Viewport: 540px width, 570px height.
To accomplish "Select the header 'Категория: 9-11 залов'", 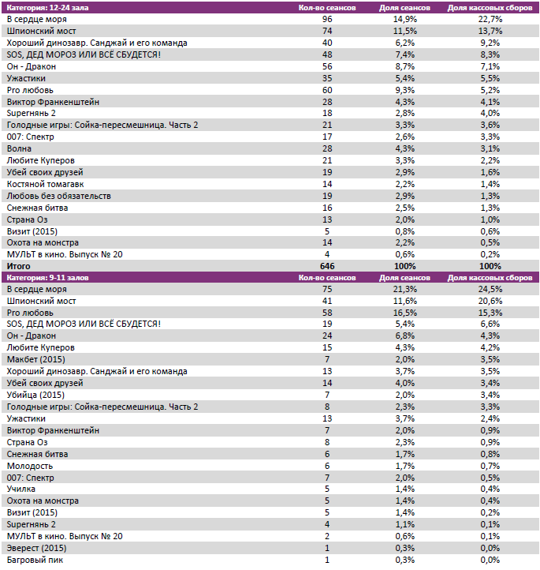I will point(45,278).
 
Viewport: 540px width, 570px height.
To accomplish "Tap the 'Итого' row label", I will point(18,267).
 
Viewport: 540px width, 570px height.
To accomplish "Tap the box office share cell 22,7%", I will point(490,18).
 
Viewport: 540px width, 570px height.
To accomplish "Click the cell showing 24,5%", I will point(490,289).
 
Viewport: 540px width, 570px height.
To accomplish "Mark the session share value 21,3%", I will point(404,289).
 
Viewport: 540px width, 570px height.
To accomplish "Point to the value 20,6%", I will point(490,301).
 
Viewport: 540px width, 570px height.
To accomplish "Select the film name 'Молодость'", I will point(29,466).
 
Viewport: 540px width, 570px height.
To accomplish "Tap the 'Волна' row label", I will point(19,148).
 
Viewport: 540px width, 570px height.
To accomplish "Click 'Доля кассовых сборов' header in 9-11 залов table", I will point(490,278).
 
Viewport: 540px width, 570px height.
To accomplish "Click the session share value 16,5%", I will point(404,313).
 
